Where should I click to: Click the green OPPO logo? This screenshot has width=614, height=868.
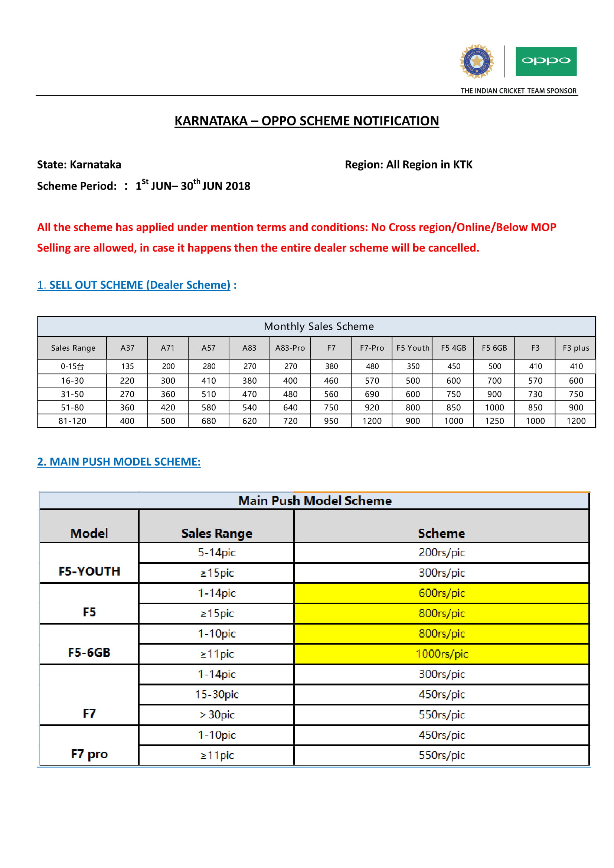click(x=546, y=61)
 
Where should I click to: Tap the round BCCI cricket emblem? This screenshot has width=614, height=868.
click(x=476, y=61)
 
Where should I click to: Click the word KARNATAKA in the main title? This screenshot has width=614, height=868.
click(x=210, y=121)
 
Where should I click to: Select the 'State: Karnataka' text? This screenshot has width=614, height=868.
click(x=79, y=164)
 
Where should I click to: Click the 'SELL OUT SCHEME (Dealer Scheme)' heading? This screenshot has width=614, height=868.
click(x=140, y=285)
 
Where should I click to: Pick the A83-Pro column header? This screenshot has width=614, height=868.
click(x=290, y=348)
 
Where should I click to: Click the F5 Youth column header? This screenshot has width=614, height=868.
click(x=412, y=348)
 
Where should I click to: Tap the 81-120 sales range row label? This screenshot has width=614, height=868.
click(x=72, y=421)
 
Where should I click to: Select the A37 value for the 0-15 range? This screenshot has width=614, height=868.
click(x=127, y=366)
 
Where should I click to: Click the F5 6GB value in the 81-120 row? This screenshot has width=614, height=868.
click(x=494, y=421)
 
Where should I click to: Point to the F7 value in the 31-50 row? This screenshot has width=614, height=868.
click(x=331, y=394)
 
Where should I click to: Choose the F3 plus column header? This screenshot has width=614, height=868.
click(x=575, y=348)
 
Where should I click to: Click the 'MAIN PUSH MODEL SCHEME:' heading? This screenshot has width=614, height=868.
click(x=119, y=462)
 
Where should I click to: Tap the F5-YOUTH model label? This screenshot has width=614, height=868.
click(x=89, y=571)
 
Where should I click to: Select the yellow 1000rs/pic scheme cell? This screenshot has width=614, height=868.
click(x=441, y=654)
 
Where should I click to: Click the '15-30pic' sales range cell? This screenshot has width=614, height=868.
click(x=217, y=694)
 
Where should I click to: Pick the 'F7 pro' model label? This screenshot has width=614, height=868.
click(x=89, y=754)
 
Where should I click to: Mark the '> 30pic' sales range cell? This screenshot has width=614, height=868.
click(x=217, y=714)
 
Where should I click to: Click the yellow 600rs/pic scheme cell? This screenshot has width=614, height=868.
click(x=441, y=593)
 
